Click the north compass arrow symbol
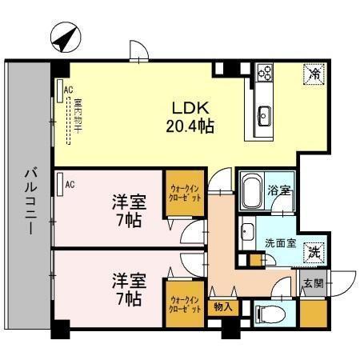65,37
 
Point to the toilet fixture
266,314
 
